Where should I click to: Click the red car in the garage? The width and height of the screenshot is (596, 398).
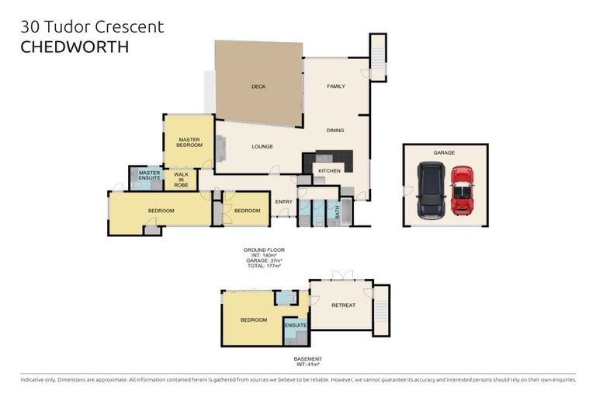(462, 190)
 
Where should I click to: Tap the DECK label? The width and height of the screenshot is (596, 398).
(258, 86)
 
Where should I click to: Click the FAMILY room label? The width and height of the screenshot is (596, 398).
(335, 86)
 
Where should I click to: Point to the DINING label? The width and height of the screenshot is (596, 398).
(335, 131)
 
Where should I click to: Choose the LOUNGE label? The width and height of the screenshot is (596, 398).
(262, 146)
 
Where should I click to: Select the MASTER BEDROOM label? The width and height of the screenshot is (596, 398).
(189, 142)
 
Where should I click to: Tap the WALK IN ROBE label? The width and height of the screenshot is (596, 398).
(182, 180)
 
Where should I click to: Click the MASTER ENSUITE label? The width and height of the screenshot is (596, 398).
(149, 176)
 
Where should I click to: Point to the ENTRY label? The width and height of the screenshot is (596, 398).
(283, 202)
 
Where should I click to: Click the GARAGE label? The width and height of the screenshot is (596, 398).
(444, 152)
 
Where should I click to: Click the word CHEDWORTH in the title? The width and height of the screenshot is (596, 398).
(74, 47)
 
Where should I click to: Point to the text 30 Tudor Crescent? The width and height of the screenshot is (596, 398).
(92, 26)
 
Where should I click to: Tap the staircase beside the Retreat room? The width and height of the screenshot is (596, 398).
(380, 310)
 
